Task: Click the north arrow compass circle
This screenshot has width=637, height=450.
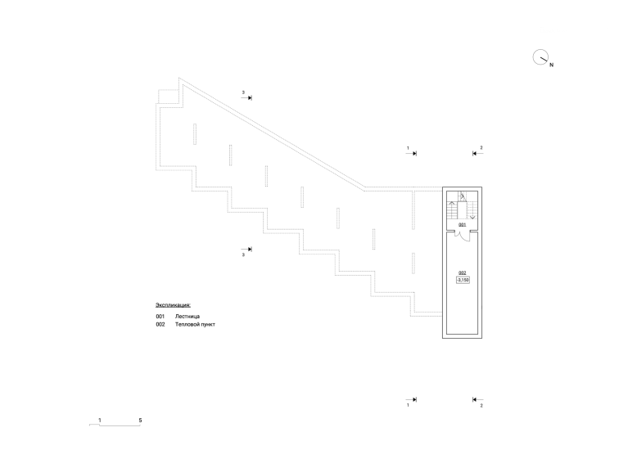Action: [534, 56]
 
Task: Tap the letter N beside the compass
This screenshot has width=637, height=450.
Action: [551, 65]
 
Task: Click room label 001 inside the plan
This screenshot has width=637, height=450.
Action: [463, 225]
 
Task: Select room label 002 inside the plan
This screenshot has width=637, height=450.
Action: [463, 273]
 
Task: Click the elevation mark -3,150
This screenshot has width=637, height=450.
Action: [463, 280]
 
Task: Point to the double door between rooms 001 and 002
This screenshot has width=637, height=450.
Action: [463, 236]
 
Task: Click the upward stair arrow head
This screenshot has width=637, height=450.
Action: [452, 203]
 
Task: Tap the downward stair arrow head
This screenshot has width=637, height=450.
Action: [472, 218]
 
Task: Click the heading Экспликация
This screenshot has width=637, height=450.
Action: [173, 305]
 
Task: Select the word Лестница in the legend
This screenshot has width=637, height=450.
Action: [187, 317]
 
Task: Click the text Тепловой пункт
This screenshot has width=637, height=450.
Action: [195, 325]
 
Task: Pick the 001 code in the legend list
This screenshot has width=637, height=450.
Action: [160, 317]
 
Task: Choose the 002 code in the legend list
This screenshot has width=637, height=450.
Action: [160, 325]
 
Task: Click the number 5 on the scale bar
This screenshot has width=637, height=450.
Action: [140, 421]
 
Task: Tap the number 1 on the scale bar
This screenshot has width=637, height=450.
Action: [100, 421]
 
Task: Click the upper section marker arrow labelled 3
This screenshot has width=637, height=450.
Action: [246, 98]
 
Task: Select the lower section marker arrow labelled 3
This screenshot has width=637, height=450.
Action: [246, 250]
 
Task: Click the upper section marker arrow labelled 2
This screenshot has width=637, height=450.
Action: [478, 154]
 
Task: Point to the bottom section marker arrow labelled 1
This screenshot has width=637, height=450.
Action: [411, 399]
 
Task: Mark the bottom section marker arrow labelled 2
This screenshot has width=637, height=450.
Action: [478, 399]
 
